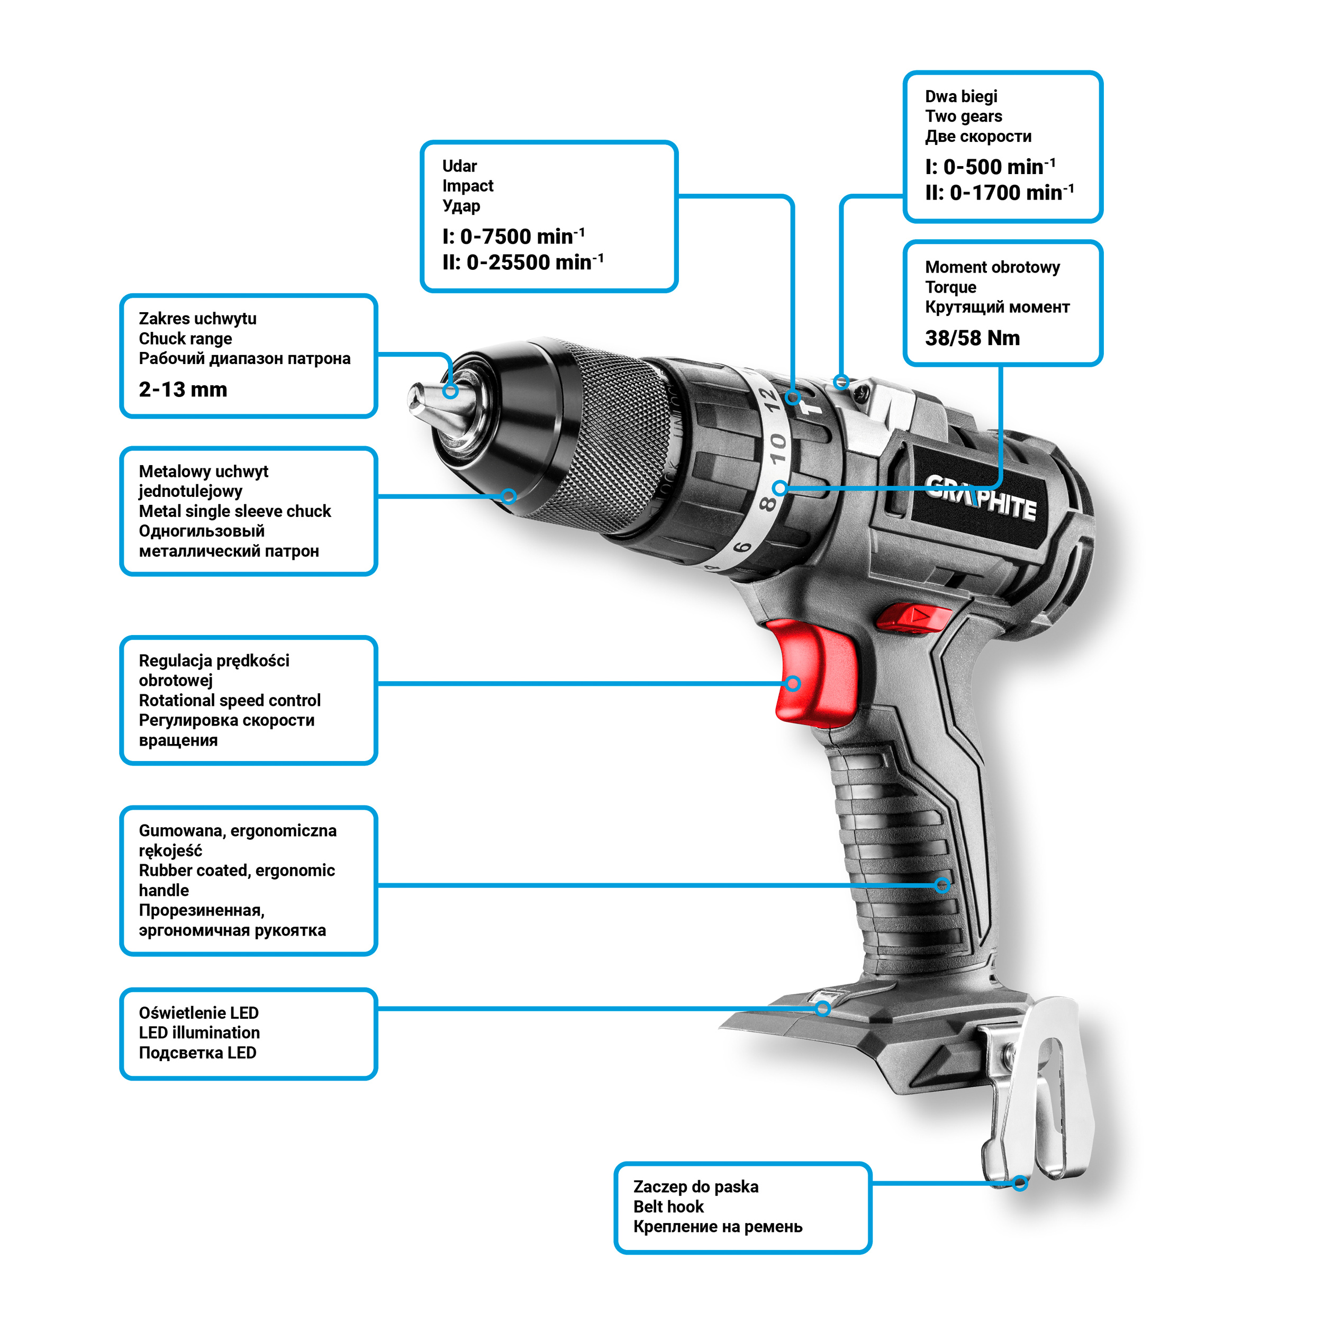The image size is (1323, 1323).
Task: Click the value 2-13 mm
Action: [x=183, y=389]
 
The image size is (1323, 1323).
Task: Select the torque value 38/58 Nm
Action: [x=972, y=338]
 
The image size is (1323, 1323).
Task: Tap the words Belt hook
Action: [x=668, y=1207]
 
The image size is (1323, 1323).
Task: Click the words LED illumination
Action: [x=200, y=1032]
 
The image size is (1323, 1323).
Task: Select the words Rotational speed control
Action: [x=229, y=701]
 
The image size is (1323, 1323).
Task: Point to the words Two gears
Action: [x=964, y=116]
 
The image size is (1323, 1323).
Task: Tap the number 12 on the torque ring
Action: [x=771, y=399]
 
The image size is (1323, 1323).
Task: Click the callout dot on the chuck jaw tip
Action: [x=450, y=391]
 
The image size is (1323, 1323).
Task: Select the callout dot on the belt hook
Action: [x=1020, y=1183]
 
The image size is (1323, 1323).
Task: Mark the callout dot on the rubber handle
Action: [x=943, y=885]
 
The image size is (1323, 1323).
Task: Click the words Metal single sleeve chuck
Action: [x=235, y=512]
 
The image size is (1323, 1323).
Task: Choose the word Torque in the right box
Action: [x=950, y=287]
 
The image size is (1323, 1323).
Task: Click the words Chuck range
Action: [x=186, y=339]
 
